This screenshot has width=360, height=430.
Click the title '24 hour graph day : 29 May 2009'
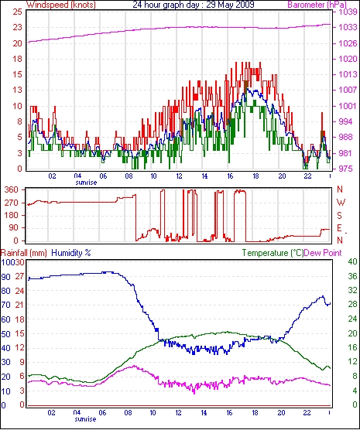coord(194,5)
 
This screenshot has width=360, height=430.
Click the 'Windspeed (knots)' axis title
coord(61,5)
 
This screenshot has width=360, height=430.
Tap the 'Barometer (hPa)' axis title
coord(317,5)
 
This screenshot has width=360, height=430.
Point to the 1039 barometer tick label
coord(345,12)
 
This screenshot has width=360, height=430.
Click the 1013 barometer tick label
coord(345,74)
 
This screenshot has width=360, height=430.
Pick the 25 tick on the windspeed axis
coord(17,12)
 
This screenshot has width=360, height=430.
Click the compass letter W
coord(341,203)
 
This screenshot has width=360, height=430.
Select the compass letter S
coord(340,216)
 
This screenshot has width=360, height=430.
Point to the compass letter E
coord(340,228)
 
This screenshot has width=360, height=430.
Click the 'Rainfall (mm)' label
coord(24,253)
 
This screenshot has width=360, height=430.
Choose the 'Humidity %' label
coord(71,253)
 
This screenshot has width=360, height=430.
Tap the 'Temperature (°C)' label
coord(273,253)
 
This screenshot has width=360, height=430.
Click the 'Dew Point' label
coord(323,253)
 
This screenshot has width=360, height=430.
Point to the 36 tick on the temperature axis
coord(352,276)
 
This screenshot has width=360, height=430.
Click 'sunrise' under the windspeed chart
coord(86,183)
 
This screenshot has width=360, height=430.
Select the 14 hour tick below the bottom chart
coord(204,413)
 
